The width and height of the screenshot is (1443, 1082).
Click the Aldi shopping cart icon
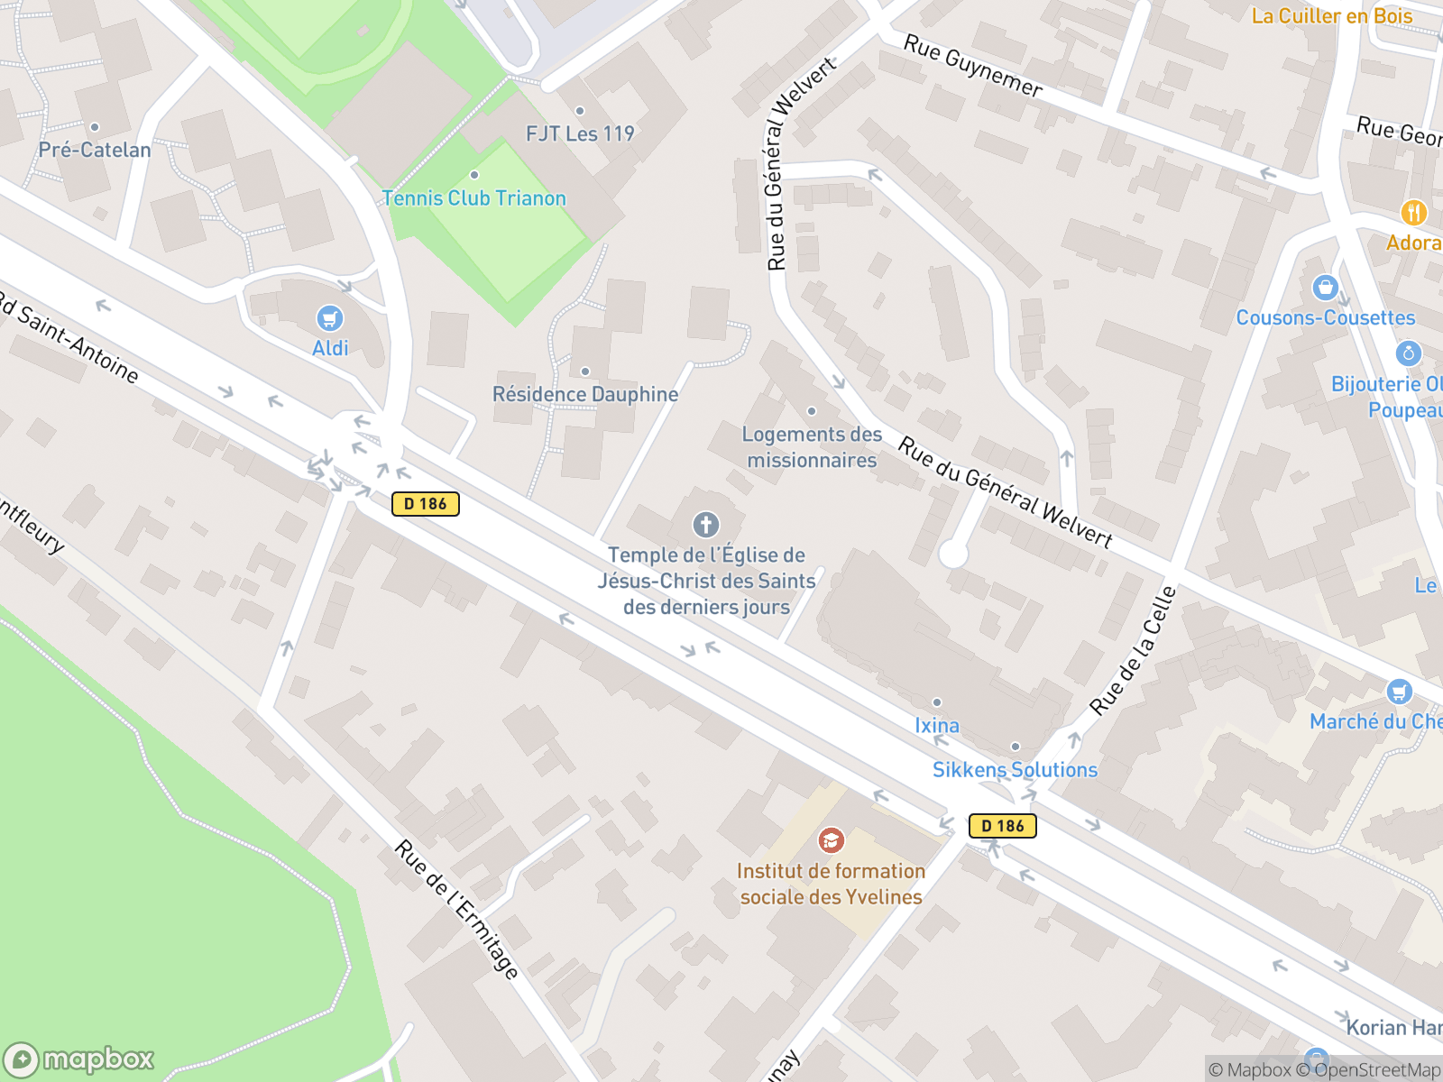(x=329, y=318)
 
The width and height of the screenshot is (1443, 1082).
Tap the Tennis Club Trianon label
(x=473, y=198)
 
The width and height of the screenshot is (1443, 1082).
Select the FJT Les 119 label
(x=580, y=133)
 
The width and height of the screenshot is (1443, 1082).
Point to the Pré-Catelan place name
(x=95, y=150)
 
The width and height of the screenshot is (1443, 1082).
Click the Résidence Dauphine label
(x=585, y=394)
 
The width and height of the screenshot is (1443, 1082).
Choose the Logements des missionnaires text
(x=812, y=447)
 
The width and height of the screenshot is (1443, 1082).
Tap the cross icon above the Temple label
(x=705, y=524)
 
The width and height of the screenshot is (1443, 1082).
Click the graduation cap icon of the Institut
(x=831, y=840)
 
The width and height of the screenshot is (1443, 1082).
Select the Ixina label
(x=937, y=725)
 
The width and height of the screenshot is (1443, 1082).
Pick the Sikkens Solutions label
(x=1015, y=769)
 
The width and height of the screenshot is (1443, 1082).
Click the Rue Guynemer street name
(x=973, y=66)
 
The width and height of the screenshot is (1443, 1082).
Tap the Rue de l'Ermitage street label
(x=457, y=910)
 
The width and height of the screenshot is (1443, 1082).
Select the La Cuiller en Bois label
(x=1331, y=16)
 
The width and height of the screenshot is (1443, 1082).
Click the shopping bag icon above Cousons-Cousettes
(x=1325, y=288)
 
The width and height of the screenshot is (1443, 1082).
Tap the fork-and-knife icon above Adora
(x=1413, y=213)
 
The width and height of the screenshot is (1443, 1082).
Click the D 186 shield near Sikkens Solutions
(x=1002, y=825)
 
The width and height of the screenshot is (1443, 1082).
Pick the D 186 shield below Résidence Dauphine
(x=426, y=504)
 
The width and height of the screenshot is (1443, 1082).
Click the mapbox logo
(x=78, y=1059)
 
